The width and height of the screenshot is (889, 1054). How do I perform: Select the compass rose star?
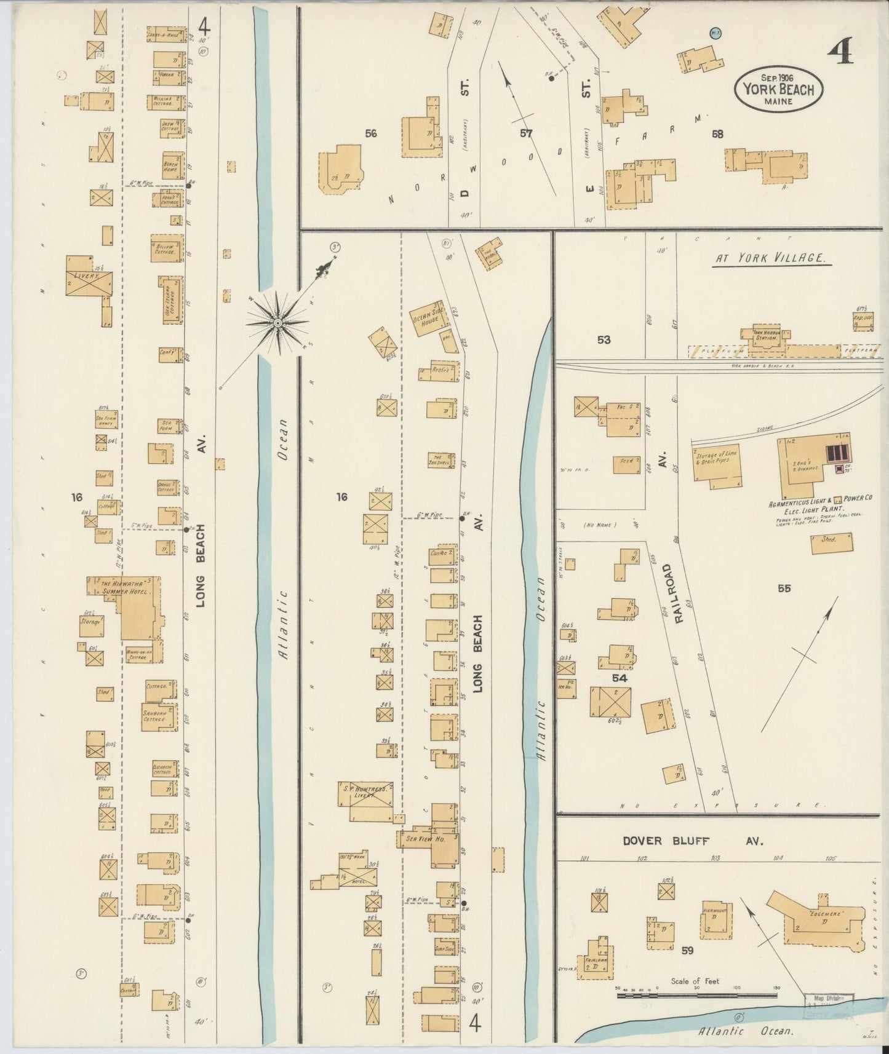pyautogui.click(x=277, y=322)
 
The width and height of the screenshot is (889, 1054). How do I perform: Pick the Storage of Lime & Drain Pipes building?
pyautogui.click(x=717, y=467)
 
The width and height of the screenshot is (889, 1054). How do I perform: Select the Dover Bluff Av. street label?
pyautogui.click(x=693, y=841)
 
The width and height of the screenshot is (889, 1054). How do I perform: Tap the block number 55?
pyautogui.click(x=783, y=588)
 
